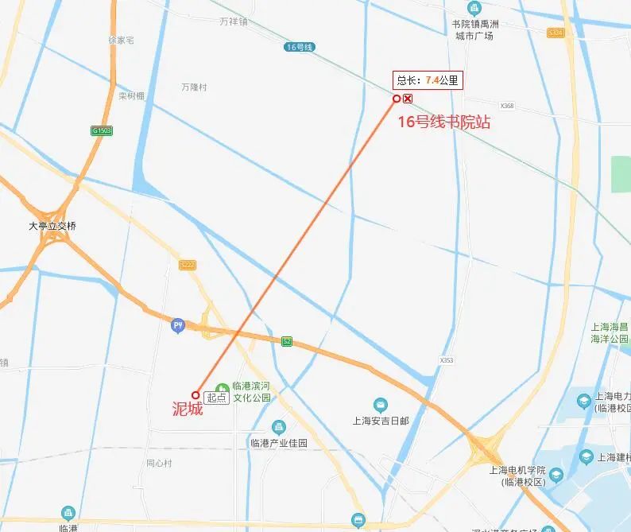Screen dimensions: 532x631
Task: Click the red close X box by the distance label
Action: coord(408,99)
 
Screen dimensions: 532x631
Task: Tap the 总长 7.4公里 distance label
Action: coord(428,80)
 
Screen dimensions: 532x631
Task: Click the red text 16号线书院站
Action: coord(443,122)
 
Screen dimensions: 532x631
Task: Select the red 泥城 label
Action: coord(188,410)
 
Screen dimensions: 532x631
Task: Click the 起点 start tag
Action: coord(216,398)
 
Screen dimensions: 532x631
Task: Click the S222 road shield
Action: coord(188,265)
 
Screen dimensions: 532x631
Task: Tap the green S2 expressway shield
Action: coord(287,341)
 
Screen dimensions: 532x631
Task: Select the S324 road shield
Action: coord(556,33)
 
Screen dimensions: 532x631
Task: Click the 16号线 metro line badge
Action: coord(300,48)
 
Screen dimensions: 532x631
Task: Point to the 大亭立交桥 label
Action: coord(52,226)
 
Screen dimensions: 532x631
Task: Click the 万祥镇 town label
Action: coord(233,21)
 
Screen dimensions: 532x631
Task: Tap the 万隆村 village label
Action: coord(193,87)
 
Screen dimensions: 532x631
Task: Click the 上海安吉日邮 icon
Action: coord(381,405)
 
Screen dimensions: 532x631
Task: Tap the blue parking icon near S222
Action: coord(178,324)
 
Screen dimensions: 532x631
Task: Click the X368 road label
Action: coord(508,106)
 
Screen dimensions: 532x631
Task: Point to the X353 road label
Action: coord(447,360)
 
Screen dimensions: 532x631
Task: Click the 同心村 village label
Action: coord(159,463)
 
